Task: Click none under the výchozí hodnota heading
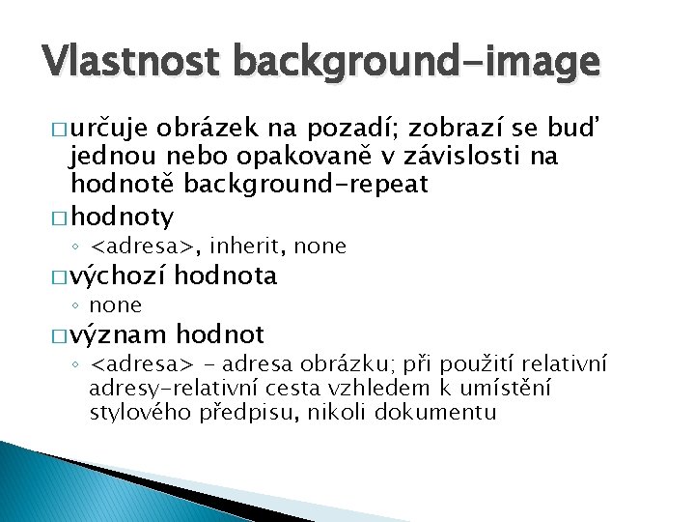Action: (x=115, y=305)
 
